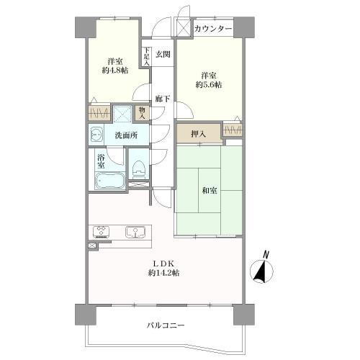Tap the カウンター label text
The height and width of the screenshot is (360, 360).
click(212, 29)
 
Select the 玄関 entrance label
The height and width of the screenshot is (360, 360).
click(163, 55)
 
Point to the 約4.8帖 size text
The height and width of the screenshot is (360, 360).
click(114, 71)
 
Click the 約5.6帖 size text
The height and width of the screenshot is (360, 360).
click(207, 84)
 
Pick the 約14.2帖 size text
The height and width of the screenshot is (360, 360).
click(165, 274)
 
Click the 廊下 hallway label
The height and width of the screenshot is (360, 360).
click(163, 99)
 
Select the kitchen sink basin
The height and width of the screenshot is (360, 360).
click(135, 232)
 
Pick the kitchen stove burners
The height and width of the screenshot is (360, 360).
click(101, 232)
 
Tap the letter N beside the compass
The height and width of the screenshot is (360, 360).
click(266, 254)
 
